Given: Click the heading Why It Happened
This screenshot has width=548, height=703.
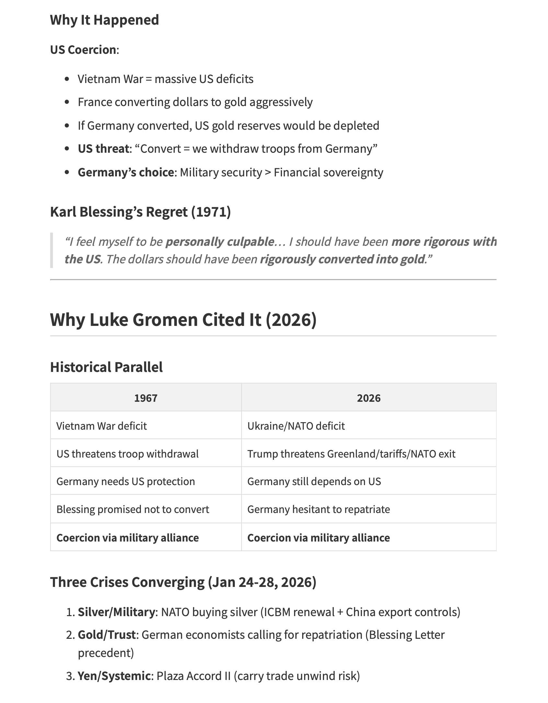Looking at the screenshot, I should [x=104, y=20].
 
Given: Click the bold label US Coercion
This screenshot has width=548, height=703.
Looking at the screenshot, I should [x=83, y=50].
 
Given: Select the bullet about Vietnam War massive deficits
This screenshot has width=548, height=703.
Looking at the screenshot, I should [x=165, y=79].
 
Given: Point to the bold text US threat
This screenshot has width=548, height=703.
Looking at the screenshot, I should [x=103, y=149].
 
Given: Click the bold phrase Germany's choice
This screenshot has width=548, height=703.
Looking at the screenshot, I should [x=126, y=173].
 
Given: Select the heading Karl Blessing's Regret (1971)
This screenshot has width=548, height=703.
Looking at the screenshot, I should [x=140, y=212].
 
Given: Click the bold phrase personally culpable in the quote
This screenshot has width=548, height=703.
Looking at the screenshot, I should [x=220, y=242].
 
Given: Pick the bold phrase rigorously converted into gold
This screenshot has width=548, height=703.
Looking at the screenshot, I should [x=342, y=259].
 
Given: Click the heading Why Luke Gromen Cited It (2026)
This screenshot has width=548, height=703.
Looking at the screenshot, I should [x=183, y=320].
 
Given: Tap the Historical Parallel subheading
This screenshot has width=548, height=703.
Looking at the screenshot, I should [x=106, y=367].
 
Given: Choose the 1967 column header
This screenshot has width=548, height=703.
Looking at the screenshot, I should [x=146, y=398].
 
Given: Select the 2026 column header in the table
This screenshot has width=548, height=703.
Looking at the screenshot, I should [x=369, y=398].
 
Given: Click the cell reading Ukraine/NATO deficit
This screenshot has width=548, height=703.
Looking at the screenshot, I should [x=296, y=426].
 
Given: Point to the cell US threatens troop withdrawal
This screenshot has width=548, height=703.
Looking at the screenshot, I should [x=127, y=454].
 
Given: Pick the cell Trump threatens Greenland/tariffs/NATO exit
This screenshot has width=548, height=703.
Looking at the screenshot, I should [x=351, y=454].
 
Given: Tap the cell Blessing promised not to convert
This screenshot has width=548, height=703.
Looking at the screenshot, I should [x=132, y=509].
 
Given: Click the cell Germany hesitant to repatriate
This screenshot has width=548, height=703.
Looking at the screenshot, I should [x=318, y=509].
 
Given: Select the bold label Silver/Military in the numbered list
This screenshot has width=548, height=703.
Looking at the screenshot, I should [x=116, y=612].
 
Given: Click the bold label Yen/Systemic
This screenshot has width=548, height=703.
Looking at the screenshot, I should [x=114, y=676].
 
